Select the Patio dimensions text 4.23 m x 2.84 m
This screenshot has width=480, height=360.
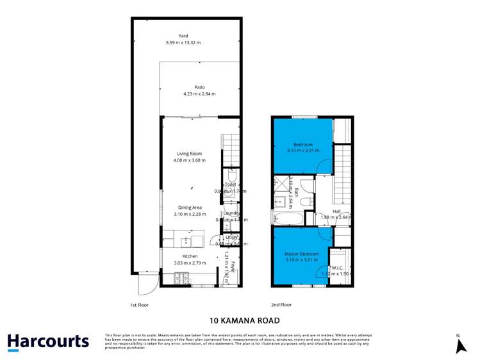click(x=199, y=94)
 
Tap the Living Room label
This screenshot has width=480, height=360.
click(x=190, y=154)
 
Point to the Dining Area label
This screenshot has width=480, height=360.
click(x=190, y=208)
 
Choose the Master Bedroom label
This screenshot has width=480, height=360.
click(x=301, y=254)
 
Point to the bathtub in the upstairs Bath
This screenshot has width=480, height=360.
click(x=286, y=218)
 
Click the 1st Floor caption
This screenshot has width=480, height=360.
click(x=139, y=305)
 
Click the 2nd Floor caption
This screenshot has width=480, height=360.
click(x=282, y=305)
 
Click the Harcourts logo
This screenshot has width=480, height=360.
click(x=48, y=341)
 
